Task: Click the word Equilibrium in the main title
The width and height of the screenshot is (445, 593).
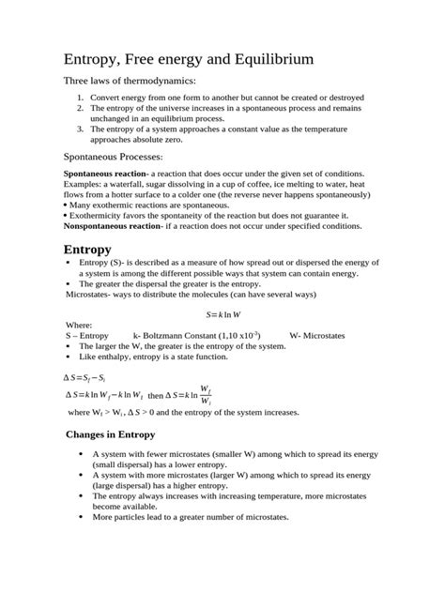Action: coord(262,60)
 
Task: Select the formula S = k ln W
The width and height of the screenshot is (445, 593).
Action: coord(223,314)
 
